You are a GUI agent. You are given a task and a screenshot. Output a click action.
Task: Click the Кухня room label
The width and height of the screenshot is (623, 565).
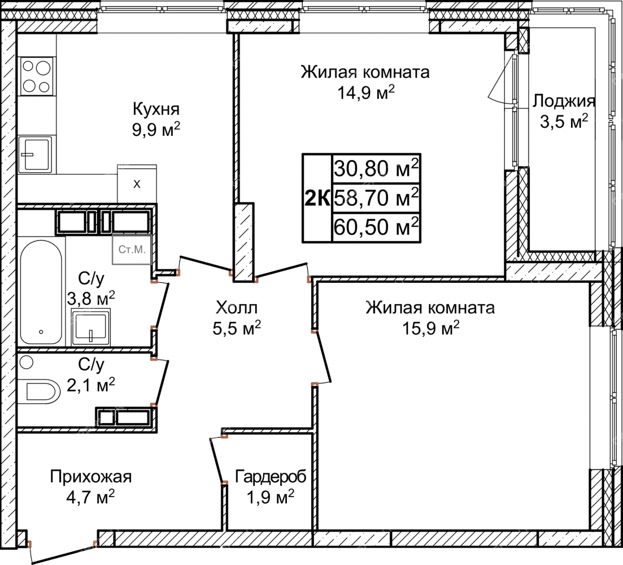pos(156,109)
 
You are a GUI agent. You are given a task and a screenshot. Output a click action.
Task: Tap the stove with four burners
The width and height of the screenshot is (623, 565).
pos(36,76)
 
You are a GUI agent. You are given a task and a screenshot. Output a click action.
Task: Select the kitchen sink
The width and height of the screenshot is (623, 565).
pos(35,154)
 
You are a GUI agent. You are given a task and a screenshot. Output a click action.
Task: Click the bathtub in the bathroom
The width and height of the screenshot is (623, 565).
pos(41,292)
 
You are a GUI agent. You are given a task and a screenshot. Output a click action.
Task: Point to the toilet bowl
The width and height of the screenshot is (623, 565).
pos(40,390)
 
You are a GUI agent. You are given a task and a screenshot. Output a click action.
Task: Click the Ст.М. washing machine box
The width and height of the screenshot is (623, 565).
pos(132,249)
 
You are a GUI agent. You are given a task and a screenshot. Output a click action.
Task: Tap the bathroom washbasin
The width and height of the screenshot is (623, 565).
pos(91,327)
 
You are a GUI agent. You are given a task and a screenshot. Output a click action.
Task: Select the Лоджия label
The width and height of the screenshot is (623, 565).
pos(564,101)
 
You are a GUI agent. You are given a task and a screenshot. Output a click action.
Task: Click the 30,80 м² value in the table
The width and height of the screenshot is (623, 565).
pos(376,169)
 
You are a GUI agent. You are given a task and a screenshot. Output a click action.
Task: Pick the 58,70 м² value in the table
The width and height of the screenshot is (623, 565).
pos(376,197)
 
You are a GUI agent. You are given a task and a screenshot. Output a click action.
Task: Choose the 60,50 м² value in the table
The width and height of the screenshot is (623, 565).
pos(376,226)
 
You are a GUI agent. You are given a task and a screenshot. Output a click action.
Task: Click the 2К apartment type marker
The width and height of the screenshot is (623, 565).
pos(317,198)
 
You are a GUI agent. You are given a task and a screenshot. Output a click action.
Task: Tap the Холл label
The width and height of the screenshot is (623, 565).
pos(237,308)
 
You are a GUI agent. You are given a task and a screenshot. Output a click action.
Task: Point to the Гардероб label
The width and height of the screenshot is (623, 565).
pos(271,476)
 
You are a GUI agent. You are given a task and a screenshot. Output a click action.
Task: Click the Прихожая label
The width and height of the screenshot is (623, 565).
pos(90,476)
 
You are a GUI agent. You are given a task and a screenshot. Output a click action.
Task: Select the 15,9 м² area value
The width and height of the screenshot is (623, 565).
pos(431,328)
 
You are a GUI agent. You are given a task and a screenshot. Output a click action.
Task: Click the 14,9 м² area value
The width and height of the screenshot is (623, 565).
pos(366,93)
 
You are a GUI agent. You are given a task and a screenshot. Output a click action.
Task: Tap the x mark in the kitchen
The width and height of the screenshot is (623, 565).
pos(137,184)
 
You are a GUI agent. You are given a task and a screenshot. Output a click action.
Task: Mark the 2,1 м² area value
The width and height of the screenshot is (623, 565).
pos(91,385)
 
